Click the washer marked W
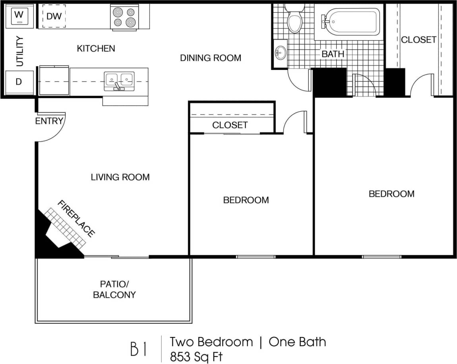click(19, 15)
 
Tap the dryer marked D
click(19, 82)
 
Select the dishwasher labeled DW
click(53, 16)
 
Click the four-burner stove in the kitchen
click(124, 17)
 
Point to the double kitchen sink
click(119, 81)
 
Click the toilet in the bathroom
click(295, 20)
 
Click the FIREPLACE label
click(76, 219)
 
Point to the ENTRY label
click(49, 121)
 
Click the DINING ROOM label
click(211, 58)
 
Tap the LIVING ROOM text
click(120, 177)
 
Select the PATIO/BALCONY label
click(114, 290)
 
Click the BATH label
click(333, 54)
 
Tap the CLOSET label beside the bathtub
click(418, 40)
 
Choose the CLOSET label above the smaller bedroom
click(230, 125)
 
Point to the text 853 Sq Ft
click(196, 356)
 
